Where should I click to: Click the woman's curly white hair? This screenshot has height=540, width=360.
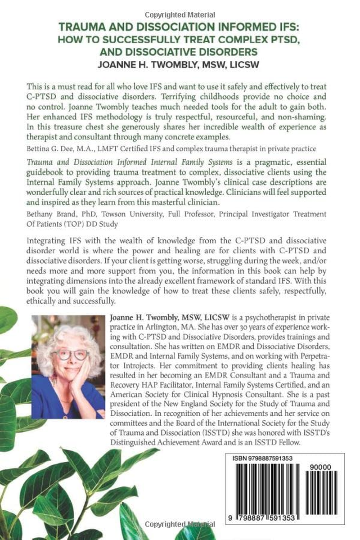[x=67, y=335]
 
